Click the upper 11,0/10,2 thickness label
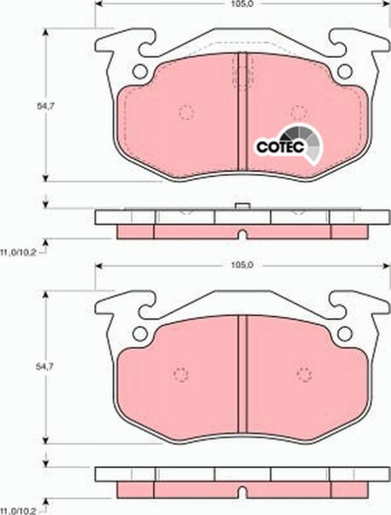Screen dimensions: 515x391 point(18,251)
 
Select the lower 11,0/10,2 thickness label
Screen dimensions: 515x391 point(18,509)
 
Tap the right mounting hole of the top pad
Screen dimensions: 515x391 point(345,72)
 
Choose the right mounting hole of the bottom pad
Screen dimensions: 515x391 point(345,334)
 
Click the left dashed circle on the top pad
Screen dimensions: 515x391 point(186,113)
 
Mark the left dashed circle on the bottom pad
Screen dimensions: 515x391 point(181,374)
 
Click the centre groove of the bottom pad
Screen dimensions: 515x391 point(243,374)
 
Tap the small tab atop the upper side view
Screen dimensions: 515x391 point(243,206)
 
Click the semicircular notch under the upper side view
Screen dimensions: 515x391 point(243,236)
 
